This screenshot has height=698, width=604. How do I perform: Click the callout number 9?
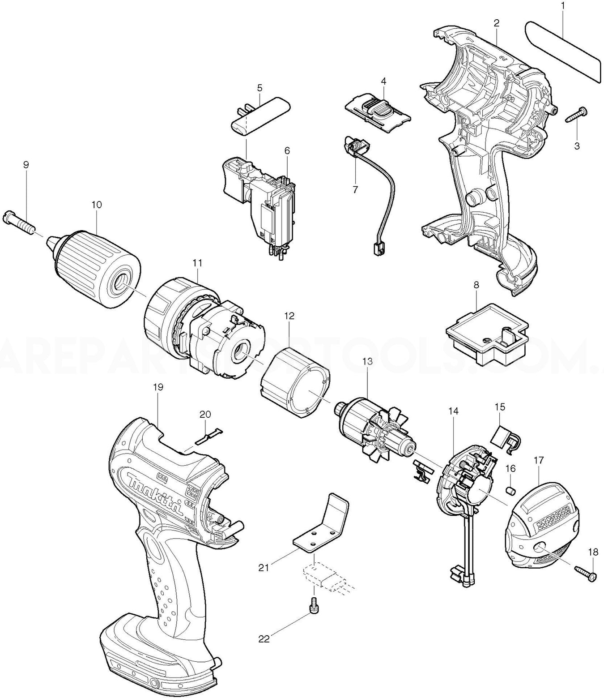(26, 165)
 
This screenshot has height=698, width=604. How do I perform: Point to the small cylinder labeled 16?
(510, 490)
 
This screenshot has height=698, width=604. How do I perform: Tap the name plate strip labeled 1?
(562, 51)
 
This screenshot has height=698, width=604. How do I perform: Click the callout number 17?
(538, 459)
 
